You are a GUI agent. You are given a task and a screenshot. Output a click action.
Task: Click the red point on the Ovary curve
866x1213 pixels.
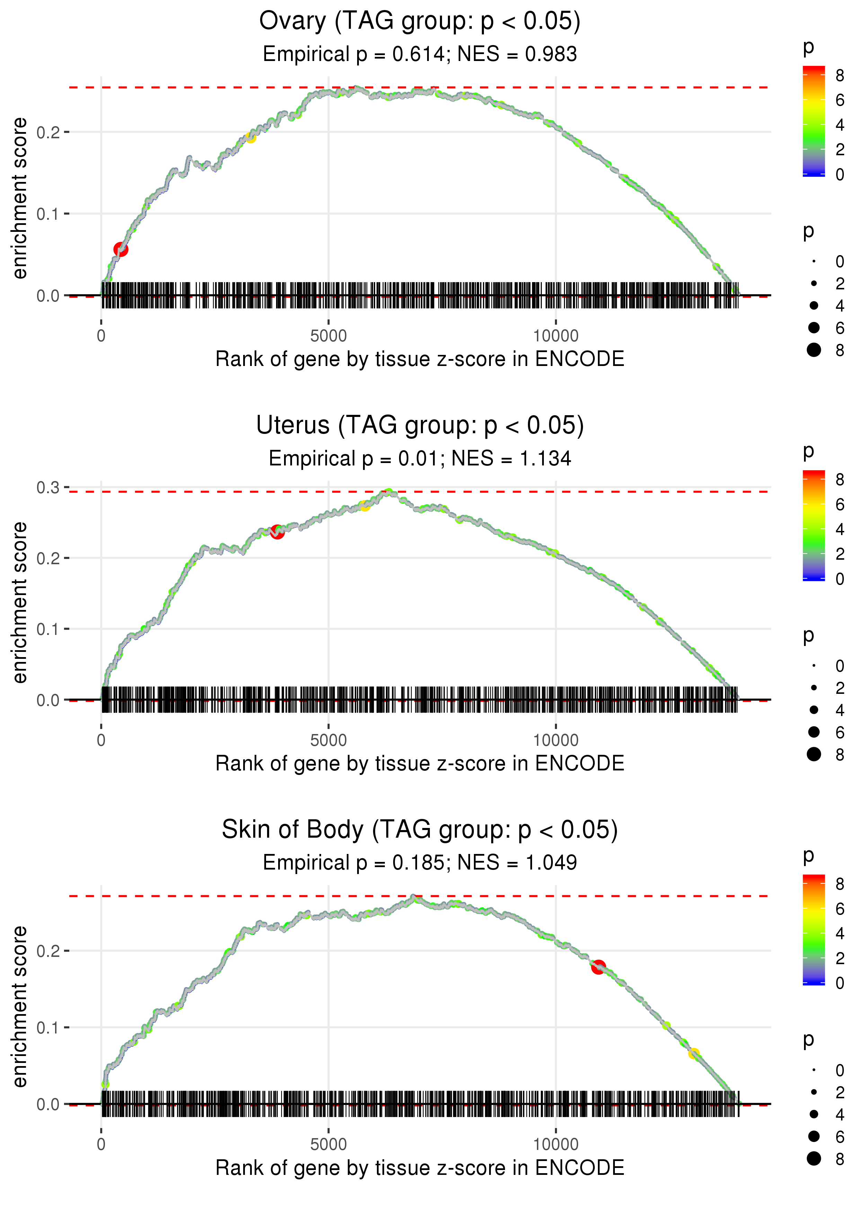(x=121, y=249)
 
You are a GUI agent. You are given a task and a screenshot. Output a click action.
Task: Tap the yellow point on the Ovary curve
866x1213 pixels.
(x=250, y=138)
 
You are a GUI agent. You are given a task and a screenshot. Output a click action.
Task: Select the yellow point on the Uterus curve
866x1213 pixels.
(x=364, y=506)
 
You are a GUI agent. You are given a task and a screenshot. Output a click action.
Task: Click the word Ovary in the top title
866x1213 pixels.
(x=292, y=21)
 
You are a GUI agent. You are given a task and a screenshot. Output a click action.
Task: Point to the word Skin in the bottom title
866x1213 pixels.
(x=246, y=830)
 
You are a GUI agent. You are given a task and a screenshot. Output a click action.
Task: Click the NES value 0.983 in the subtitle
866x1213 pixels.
(x=550, y=54)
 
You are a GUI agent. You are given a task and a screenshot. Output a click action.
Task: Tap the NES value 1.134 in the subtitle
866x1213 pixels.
(x=545, y=459)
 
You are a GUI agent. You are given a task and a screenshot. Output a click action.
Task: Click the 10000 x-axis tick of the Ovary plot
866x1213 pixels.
(x=556, y=336)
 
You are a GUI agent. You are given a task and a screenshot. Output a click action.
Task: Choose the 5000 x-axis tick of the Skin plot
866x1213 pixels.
(x=328, y=1145)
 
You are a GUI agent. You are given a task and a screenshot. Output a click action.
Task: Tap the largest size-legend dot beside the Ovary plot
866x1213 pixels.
(x=814, y=350)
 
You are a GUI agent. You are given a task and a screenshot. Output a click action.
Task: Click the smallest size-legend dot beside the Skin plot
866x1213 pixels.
(x=814, y=1070)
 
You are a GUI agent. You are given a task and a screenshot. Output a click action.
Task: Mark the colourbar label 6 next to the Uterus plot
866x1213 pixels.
(x=840, y=505)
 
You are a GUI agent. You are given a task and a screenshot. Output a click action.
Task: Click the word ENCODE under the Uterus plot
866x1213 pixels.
(x=579, y=764)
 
